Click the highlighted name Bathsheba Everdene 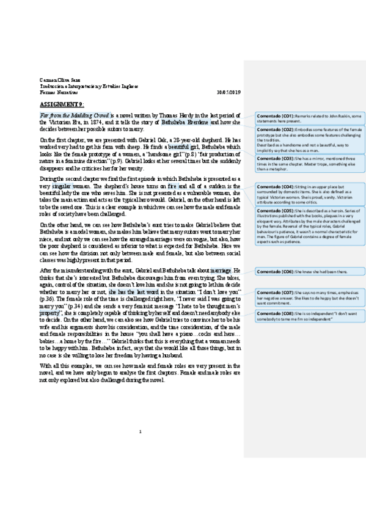coord(183,122)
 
